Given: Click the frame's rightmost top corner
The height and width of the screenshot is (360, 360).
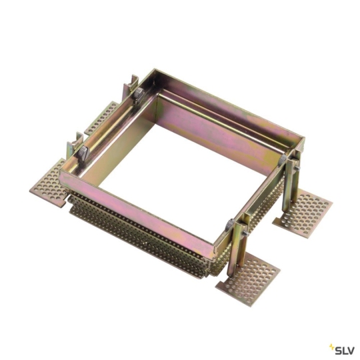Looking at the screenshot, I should (303, 141).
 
